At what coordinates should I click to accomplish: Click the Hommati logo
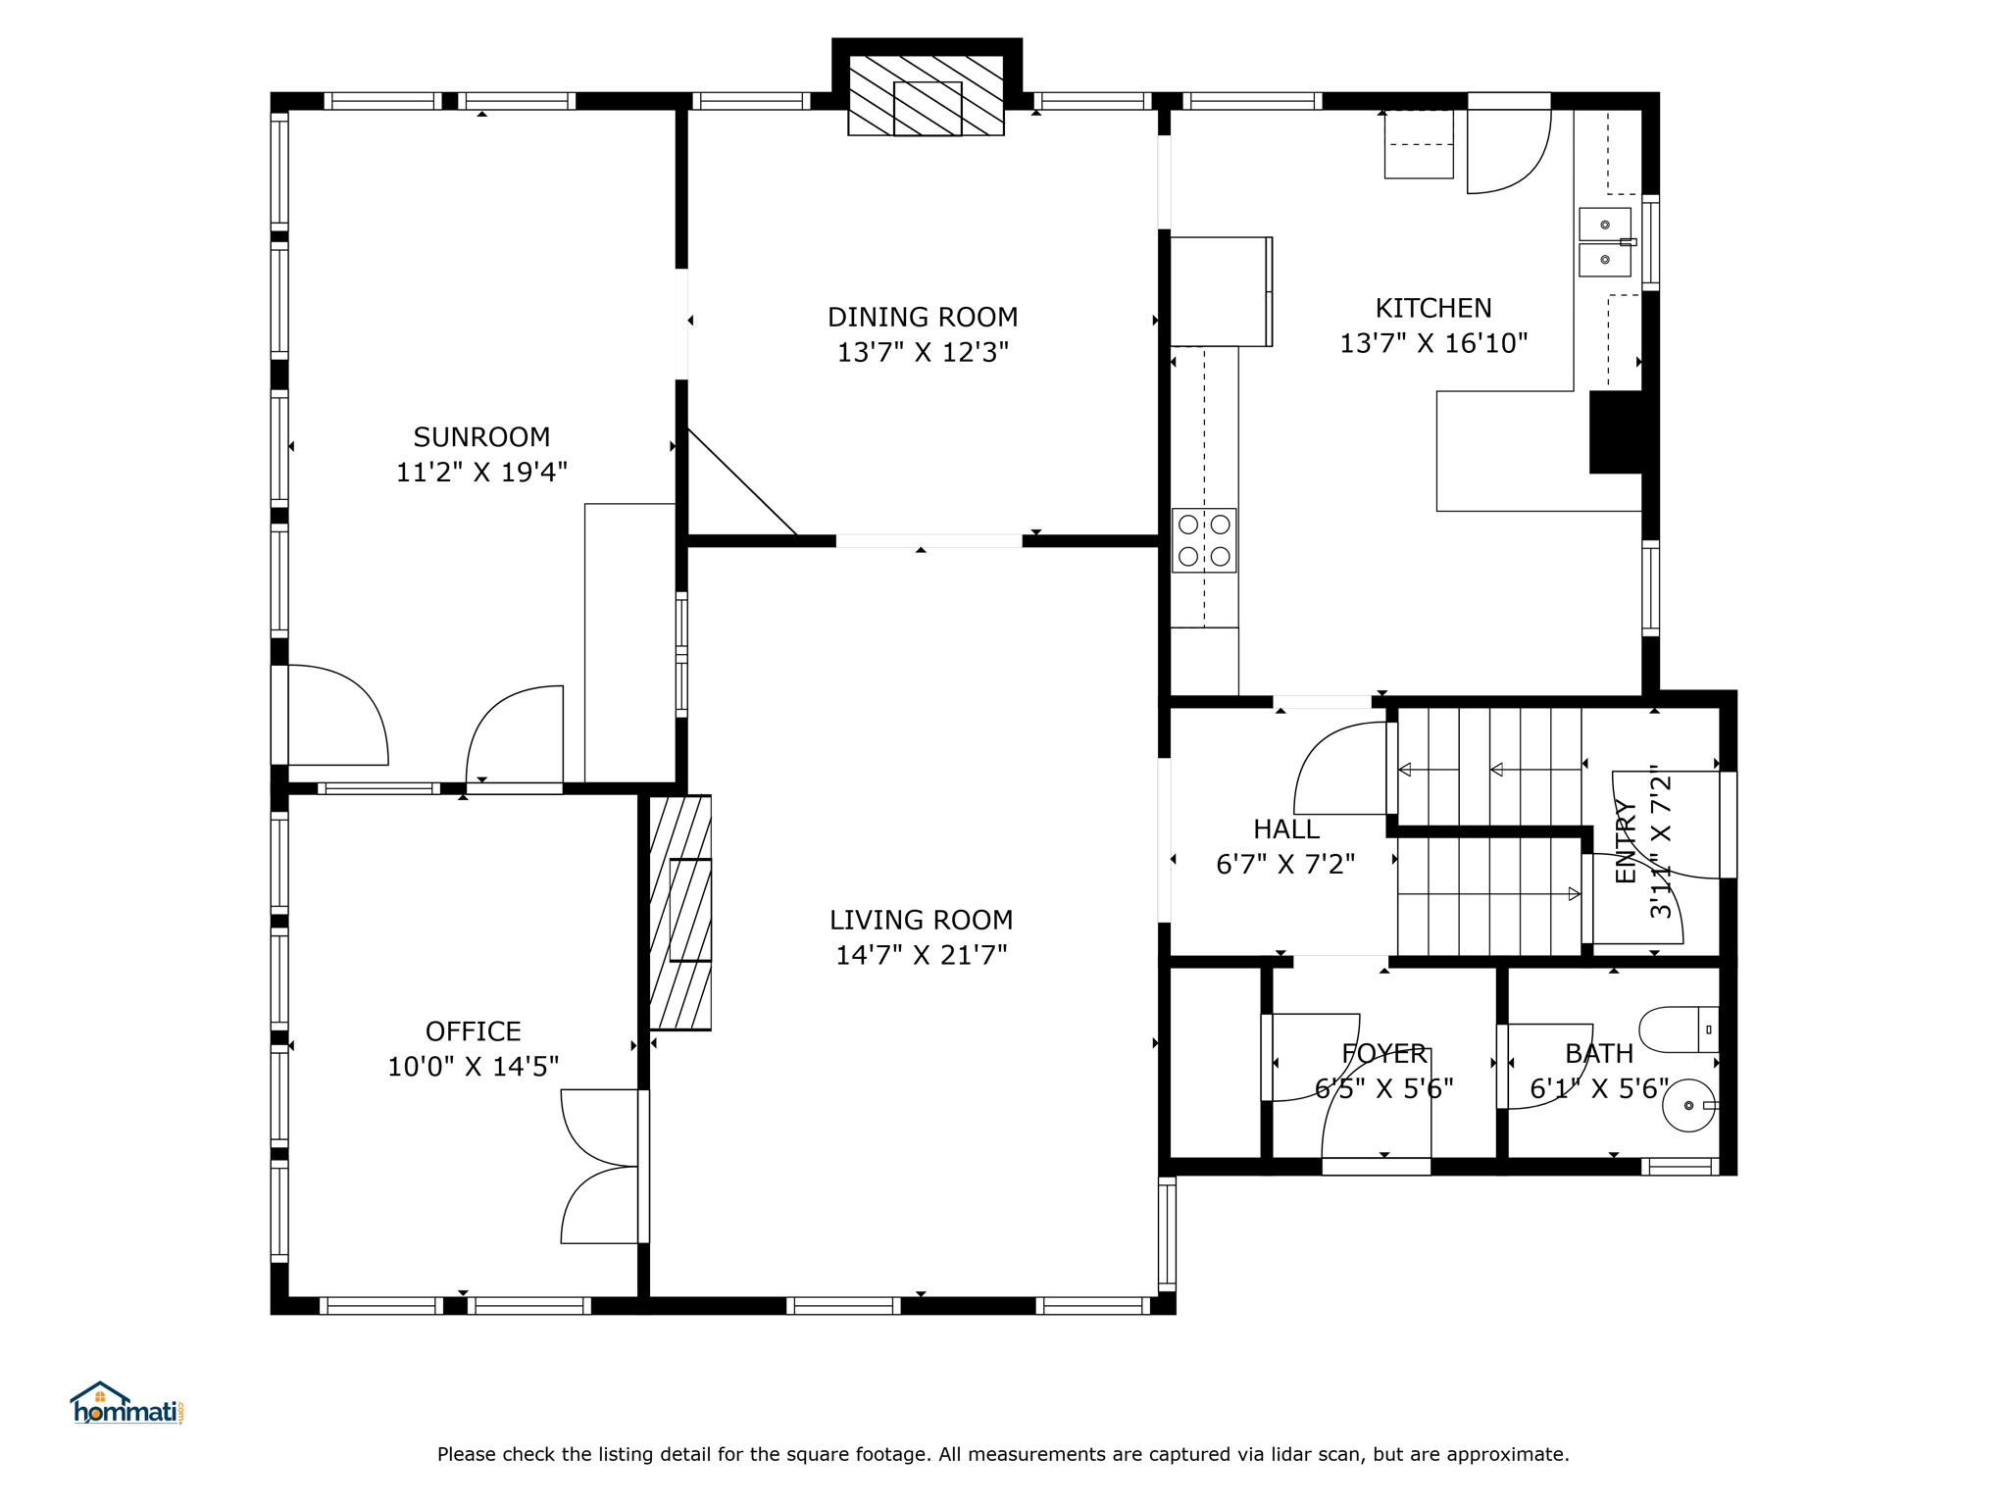126,1403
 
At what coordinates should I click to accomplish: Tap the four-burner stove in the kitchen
1204,540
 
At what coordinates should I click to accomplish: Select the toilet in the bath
1680,1029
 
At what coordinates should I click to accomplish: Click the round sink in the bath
1690,1106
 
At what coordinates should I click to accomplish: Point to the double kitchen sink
1606,242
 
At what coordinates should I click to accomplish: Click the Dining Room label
923,317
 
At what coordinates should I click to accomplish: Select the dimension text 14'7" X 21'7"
922,955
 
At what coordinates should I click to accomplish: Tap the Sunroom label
481,436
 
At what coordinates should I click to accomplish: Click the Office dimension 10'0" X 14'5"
474,1066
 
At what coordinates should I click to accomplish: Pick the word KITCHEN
1433,308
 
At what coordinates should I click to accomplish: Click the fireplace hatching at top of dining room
927,95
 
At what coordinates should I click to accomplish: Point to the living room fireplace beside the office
680,912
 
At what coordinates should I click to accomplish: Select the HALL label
1286,829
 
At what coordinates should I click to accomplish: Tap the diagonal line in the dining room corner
742,481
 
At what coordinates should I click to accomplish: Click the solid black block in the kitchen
1616,432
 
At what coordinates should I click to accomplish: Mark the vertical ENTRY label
1626,841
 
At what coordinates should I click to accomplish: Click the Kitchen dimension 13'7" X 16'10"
1433,343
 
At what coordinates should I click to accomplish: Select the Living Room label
922,920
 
